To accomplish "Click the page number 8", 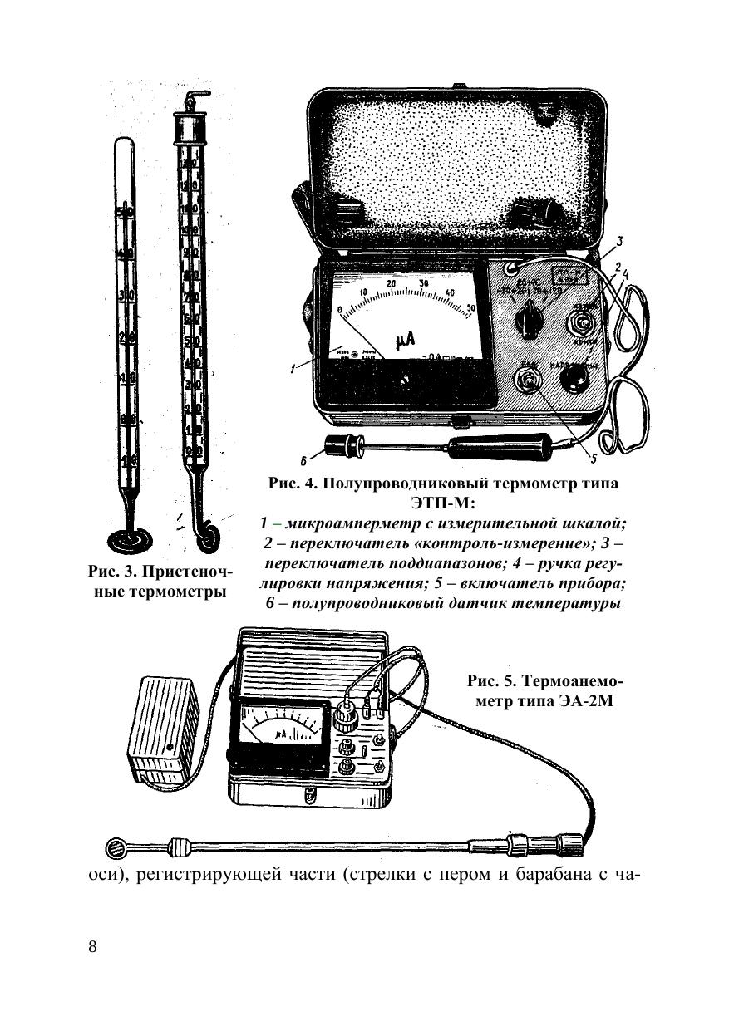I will [92, 948].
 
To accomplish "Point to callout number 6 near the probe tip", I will [305, 459].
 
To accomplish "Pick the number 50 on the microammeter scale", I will [470, 308].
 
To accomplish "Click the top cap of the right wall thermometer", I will [190, 125].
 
